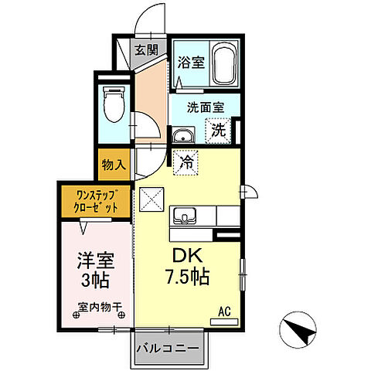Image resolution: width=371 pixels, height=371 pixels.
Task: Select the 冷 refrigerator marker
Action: pyautogui.click(x=186, y=162)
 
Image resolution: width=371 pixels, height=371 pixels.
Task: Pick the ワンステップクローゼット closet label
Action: pyautogui.click(x=97, y=201)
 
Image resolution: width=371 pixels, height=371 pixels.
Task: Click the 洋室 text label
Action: pyautogui.click(x=93, y=261)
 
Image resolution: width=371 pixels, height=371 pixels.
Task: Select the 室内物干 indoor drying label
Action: pyautogui.click(x=100, y=308)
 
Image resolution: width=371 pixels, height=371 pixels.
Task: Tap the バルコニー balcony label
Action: pyautogui.click(x=168, y=349)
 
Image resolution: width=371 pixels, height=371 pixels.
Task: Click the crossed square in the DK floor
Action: pyautogui.click(x=151, y=199)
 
